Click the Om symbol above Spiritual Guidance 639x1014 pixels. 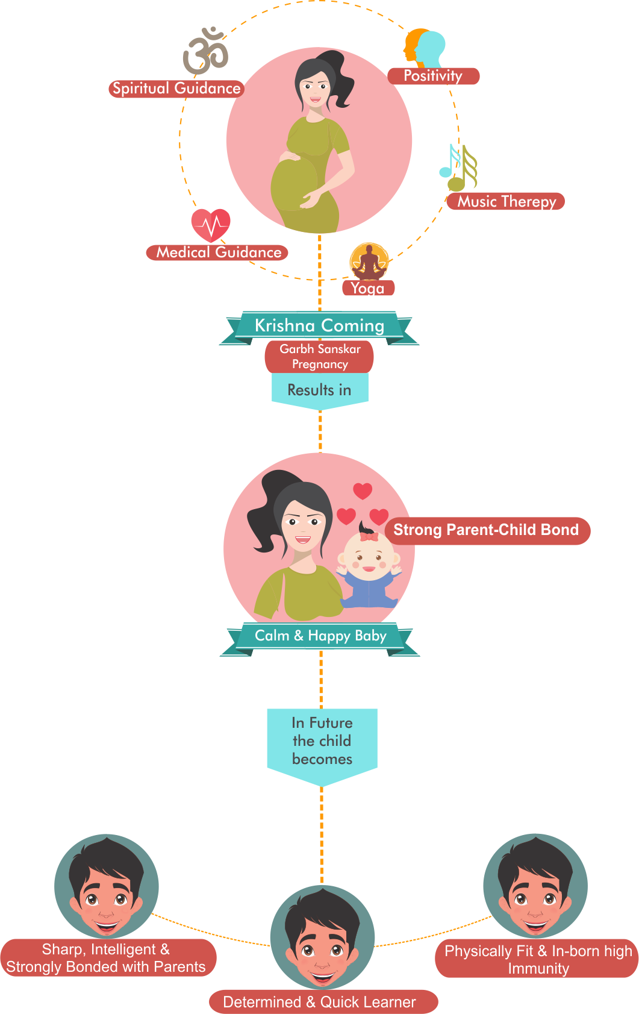(205, 52)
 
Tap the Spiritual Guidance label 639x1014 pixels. (176, 89)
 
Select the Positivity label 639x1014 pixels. (433, 76)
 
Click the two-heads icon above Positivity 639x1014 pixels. (425, 48)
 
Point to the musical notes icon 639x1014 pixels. (459, 167)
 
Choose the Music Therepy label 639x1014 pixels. (506, 201)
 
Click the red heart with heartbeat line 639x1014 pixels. (211, 225)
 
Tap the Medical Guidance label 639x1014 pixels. (217, 252)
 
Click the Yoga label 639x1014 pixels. (368, 288)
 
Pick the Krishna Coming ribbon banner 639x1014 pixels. (319, 326)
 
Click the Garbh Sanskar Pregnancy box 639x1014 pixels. (319, 357)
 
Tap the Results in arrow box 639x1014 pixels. (319, 390)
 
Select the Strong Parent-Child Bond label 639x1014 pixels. (487, 530)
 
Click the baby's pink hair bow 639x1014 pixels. (369, 536)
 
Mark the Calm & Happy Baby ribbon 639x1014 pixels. (320, 636)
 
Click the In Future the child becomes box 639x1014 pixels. (322, 741)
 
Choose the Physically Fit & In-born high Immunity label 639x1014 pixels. (537, 959)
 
